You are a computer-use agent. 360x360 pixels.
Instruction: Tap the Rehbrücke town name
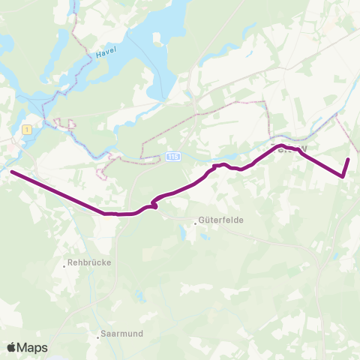[88, 263]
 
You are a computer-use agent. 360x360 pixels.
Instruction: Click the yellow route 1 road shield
[28, 129]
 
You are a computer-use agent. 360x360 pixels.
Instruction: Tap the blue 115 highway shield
[172, 156]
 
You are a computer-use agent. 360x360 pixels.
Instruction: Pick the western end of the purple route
[12, 173]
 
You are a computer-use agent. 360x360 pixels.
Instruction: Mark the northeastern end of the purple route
[349, 160]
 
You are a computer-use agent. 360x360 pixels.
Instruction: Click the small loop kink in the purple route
[154, 202]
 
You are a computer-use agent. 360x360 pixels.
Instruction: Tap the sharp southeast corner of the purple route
[343, 177]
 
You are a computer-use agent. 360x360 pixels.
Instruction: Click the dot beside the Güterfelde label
[195, 221]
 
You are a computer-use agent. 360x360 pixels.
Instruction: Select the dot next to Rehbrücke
[64, 264]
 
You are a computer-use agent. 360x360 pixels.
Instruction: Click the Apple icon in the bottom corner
[12, 346]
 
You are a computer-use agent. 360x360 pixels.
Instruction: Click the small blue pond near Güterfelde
[184, 234]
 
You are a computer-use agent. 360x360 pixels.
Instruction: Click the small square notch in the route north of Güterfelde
[220, 165]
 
